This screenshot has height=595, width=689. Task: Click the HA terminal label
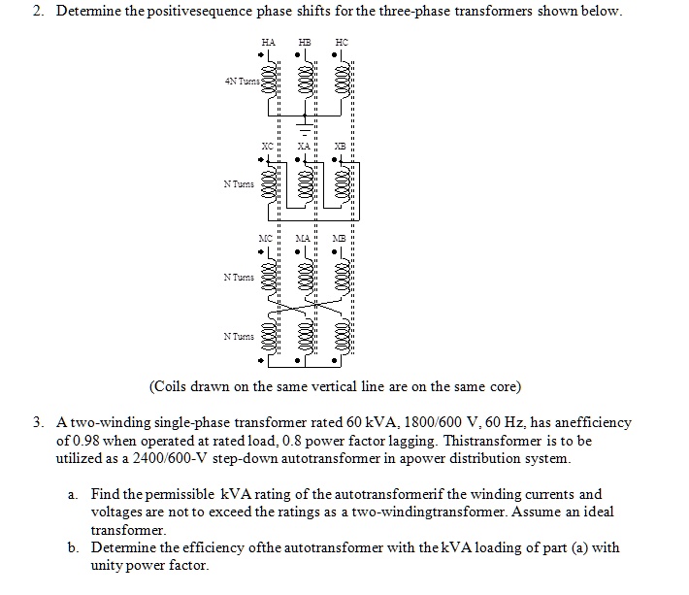pos(268,43)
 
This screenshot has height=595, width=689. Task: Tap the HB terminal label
pos(305,43)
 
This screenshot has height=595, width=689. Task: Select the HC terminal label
pos(341,43)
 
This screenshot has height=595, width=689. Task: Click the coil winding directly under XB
pos(343,183)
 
